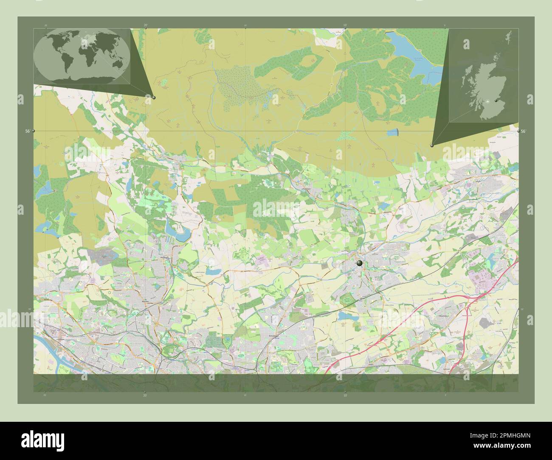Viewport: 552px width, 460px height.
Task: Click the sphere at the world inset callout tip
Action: [154, 97]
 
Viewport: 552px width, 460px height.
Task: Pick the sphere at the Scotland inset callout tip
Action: [432, 145]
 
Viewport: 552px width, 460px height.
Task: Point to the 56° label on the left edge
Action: [27, 132]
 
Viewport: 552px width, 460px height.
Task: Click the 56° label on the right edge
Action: [524, 132]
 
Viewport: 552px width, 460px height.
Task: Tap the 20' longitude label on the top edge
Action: [146, 25]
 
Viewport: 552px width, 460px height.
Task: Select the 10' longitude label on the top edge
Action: [345, 25]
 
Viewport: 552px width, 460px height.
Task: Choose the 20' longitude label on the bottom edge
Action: [146, 395]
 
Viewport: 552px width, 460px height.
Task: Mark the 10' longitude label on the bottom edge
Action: [345, 395]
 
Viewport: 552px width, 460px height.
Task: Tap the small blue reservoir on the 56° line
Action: [394, 132]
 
